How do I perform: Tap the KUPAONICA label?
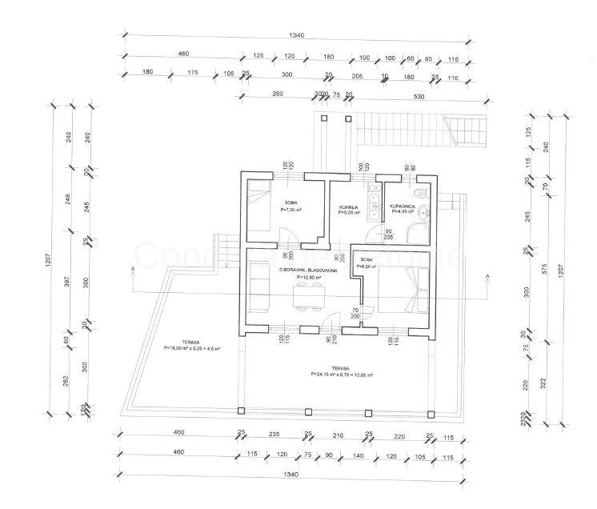click(402, 206)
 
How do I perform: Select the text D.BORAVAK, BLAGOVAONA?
click(308, 271)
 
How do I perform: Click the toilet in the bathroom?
click(420, 195)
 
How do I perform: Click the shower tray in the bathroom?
click(416, 233)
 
